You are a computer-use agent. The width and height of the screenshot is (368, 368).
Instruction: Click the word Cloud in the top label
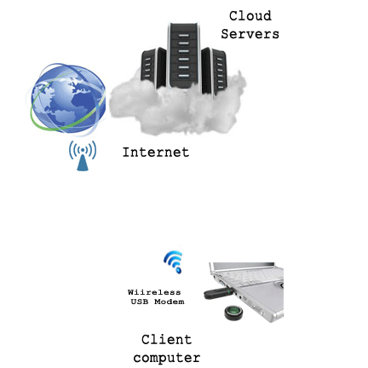pyautogui.click(x=250, y=16)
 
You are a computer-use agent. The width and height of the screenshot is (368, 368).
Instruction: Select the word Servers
pyautogui.click(x=250, y=34)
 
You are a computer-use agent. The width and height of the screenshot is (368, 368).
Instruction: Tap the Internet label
pyautogui.click(x=156, y=152)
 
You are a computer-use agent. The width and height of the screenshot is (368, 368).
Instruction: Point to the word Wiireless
pyautogui.click(x=154, y=292)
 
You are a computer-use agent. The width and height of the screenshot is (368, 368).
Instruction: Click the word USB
pyautogui.click(x=140, y=302)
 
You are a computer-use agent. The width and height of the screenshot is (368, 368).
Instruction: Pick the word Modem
pyautogui.click(x=170, y=302)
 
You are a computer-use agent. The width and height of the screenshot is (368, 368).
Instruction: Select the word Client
pyautogui.click(x=166, y=340)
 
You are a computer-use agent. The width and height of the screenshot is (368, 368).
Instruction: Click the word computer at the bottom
pyautogui.click(x=167, y=358)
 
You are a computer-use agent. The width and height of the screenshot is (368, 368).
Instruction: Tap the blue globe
pyautogui.click(x=68, y=98)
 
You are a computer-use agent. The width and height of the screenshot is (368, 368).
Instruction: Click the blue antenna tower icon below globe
pyautogui.click(x=83, y=156)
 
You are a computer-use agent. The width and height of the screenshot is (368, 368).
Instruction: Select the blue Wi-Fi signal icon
pyautogui.click(x=173, y=262)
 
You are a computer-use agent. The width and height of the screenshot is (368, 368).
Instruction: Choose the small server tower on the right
pyautogui.click(x=215, y=71)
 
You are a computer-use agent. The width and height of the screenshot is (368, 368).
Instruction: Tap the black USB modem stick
pyautogui.click(x=219, y=293)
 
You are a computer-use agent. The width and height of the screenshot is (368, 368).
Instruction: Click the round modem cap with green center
pyautogui.click(x=233, y=312)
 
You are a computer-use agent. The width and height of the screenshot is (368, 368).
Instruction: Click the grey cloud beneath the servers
pyautogui.click(x=177, y=108)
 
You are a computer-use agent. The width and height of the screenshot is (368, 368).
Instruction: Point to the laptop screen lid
pyautogui.click(x=244, y=267)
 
